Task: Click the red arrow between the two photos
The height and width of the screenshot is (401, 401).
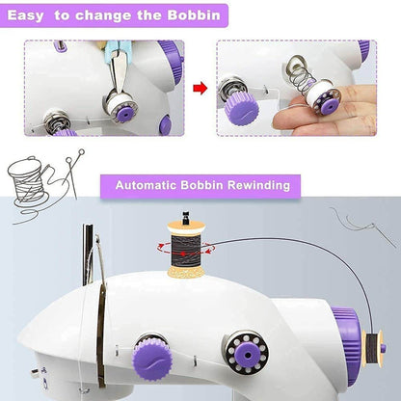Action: coord(200,89)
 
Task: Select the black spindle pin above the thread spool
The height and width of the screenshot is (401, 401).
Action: coord(182,216)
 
